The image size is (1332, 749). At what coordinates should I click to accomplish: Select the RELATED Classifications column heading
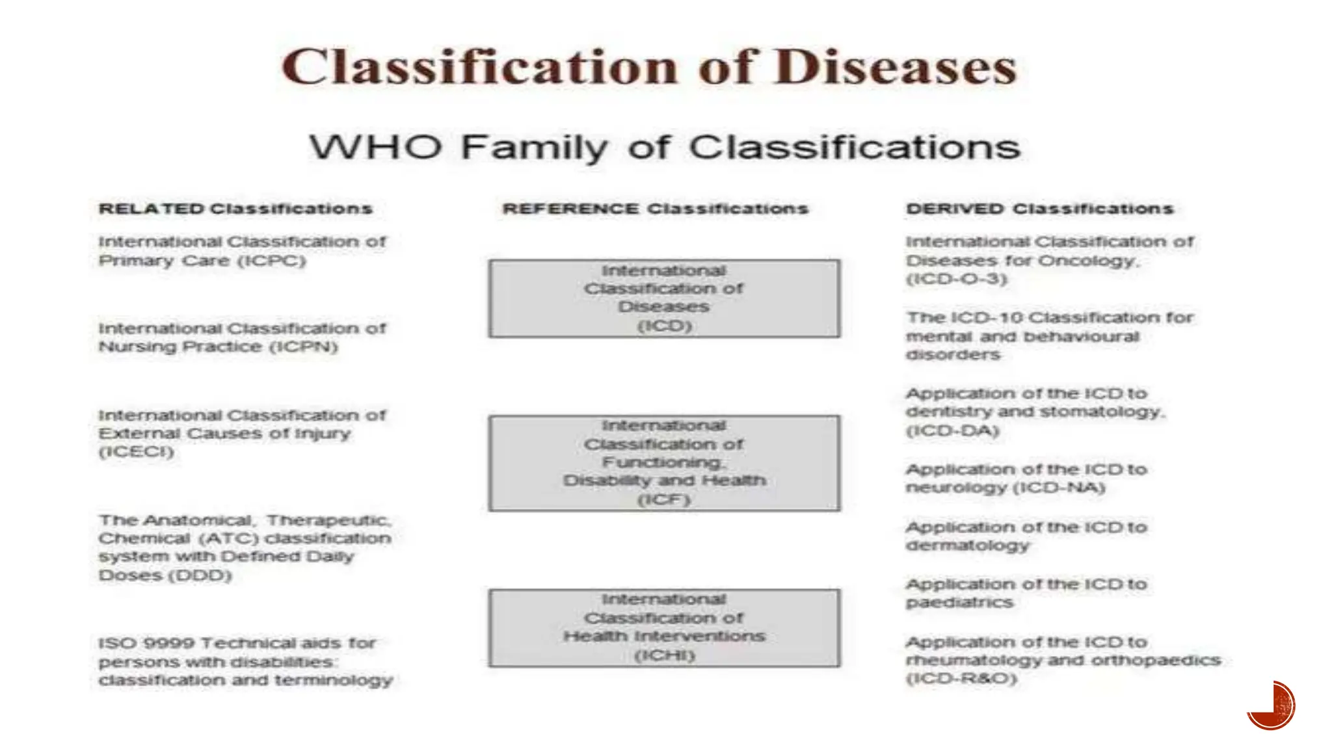[235, 209]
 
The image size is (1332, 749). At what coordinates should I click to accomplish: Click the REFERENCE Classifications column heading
[655, 209]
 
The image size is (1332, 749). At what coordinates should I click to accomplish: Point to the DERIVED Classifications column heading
[1039, 209]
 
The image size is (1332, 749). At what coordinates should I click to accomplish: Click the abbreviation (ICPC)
[271, 261]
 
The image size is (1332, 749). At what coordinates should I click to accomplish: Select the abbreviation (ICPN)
[304, 347]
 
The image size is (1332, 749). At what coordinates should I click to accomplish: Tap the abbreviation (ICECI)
[137, 452]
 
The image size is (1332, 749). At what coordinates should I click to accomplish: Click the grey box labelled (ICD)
[664, 298]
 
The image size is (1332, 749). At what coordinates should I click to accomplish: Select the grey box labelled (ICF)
[664, 463]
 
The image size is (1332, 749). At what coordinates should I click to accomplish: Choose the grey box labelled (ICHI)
[664, 628]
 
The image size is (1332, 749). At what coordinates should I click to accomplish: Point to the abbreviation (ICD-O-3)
[957, 279]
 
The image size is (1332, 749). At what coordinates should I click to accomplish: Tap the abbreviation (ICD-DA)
[952, 430]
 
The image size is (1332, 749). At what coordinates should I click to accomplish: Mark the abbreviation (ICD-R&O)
[961, 679]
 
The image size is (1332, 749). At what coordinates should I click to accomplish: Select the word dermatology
[968, 545]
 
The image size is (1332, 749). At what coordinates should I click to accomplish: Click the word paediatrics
[959, 603]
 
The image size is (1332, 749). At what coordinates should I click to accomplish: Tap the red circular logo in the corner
[1272, 705]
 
